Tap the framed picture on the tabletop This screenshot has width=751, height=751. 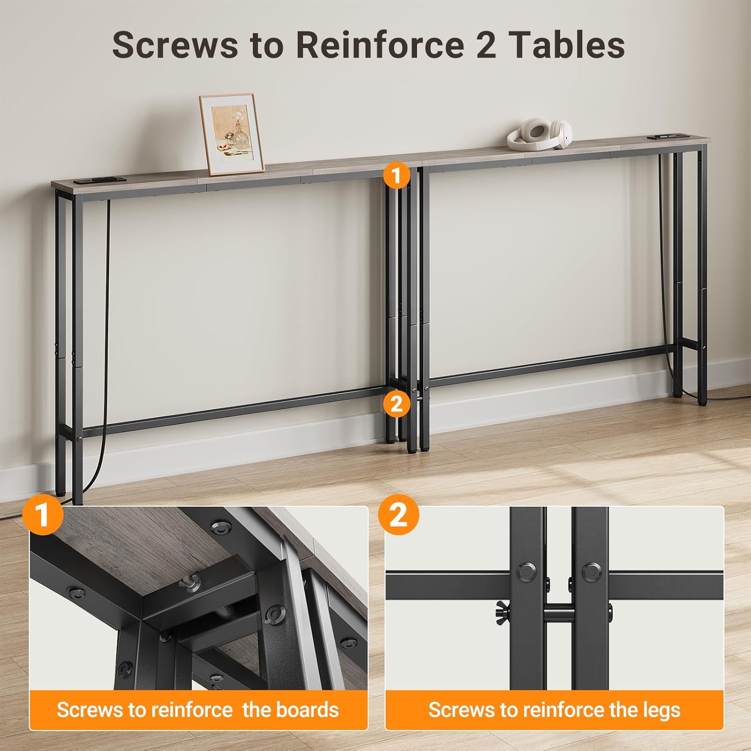click(232, 134)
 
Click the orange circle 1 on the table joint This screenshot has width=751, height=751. click(396, 175)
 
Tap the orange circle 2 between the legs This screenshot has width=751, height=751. click(396, 403)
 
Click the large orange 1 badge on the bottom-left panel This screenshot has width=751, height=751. click(43, 515)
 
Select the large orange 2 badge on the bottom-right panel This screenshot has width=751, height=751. click(399, 515)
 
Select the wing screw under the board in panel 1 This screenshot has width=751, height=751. click(191, 581)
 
